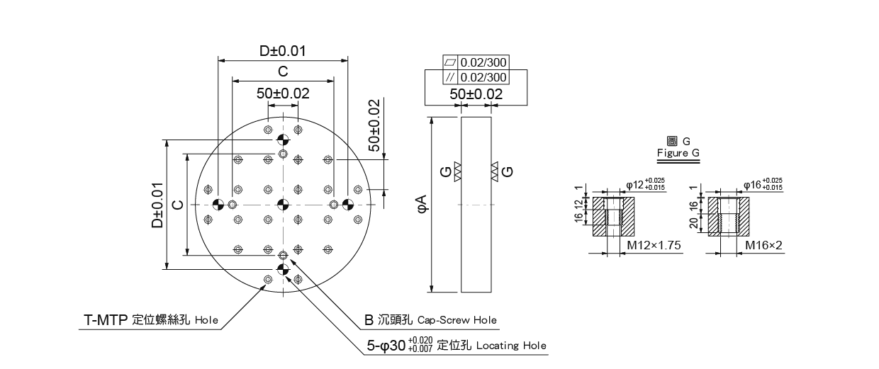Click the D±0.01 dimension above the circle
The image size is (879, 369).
(x=283, y=51)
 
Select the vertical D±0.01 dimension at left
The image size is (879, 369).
(x=157, y=205)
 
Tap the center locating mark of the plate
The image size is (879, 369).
(x=283, y=204)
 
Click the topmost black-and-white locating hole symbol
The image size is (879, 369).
(x=283, y=140)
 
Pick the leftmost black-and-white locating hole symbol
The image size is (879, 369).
(x=218, y=204)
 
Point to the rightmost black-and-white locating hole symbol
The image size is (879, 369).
(x=347, y=204)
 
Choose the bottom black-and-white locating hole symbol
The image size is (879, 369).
(x=283, y=269)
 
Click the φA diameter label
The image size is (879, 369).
(x=422, y=204)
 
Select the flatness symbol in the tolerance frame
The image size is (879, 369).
(x=451, y=62)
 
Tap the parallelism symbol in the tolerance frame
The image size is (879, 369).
(x=451, y=77)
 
